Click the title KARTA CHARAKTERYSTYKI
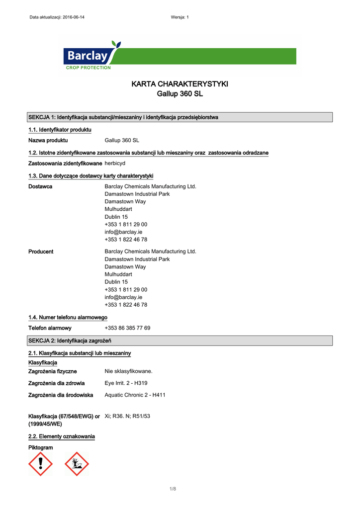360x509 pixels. (x=180, y=84)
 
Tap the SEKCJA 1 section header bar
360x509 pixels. (x=180, y=117)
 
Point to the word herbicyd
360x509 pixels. (x=116, y=164)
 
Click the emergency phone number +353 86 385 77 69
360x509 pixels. (x=127, y=328)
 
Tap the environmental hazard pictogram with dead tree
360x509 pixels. (x=77, y=464)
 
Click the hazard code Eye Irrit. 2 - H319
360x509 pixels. (x=126, y=383)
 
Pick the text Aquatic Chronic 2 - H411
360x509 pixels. (x=135, y=395)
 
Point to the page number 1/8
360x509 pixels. (x=173, y=490)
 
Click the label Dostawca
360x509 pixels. (x=40, y=186)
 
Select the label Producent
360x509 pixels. (x=41, y=252)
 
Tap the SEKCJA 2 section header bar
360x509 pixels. (x=180, y=340)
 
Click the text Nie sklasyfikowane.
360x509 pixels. (x=128, y=371)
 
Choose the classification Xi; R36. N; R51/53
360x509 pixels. (x=127, y=416)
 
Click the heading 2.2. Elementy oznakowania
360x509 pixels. (x=62, y=436)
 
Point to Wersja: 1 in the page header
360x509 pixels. (x=180, y=17)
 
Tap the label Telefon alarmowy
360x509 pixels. (x=50, y=328)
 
